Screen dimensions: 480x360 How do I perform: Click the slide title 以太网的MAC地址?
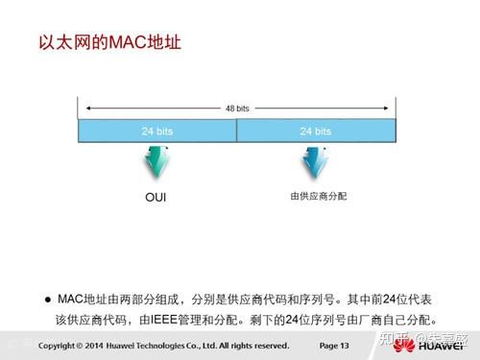pos(108,43)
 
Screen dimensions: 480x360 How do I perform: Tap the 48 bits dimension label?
pos(237,108)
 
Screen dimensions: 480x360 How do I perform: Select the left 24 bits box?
pos(157,130)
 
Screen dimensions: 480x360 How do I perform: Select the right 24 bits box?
pos(316,130)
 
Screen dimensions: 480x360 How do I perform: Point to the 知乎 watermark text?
pos(384,338)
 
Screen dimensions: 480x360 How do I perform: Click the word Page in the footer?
pos(328,344)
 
